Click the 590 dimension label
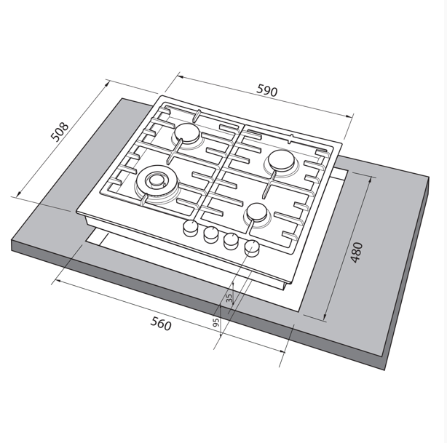(267, 91)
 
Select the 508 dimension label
(60, 132)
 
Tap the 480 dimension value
(356, 252)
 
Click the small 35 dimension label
(229, 298)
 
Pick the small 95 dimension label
(216, 322)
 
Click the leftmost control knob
(191, 228)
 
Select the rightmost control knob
(252, 247)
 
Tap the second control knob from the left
(210, 234)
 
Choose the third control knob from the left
(232, 241)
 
